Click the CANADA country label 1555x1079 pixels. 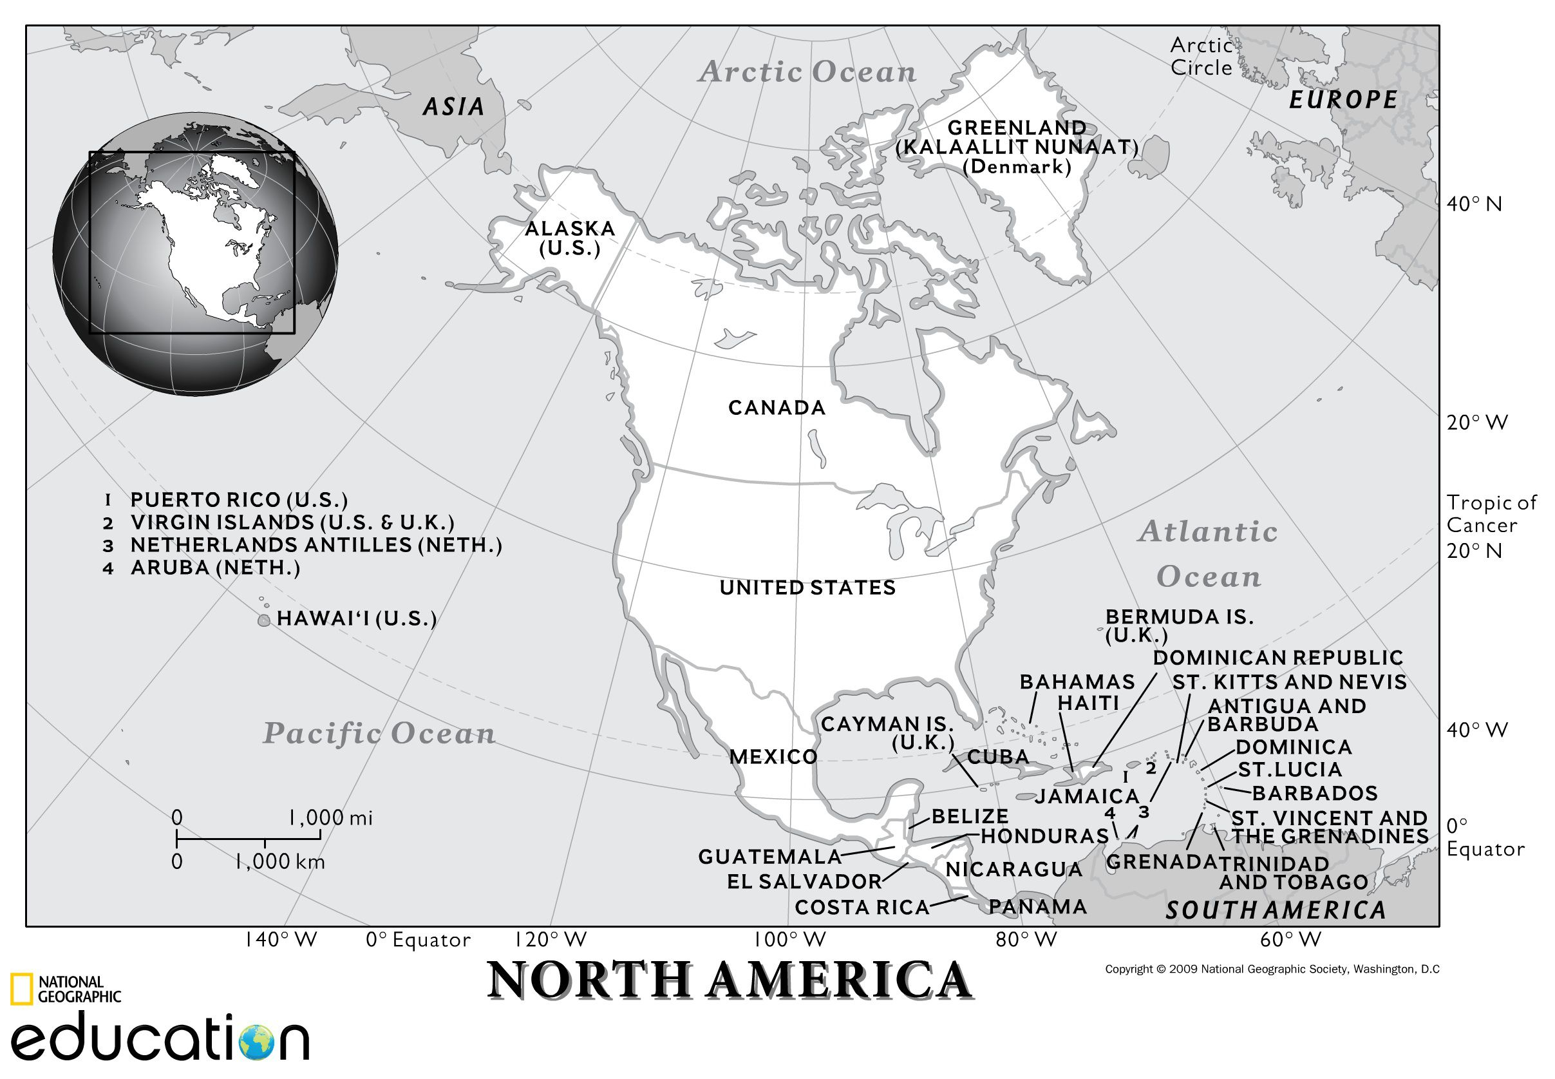pos(777,408)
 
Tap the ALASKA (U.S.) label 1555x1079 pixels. pos(570,238)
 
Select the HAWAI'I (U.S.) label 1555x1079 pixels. pos(356,618)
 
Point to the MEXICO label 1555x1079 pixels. pos(773,756)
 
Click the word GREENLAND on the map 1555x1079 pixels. pos(1017,127)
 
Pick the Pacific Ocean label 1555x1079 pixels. pos(379,734)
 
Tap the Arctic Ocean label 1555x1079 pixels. pos(807,72)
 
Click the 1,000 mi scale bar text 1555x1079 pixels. pos(330,818)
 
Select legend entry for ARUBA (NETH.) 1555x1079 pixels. pos(214,568)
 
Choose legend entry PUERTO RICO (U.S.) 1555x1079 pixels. pos(238,500)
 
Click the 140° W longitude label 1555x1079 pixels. pos(281,940)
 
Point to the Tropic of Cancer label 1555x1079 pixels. pos(1491,514)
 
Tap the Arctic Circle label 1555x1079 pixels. pos(1201,56)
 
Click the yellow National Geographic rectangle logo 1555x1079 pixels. pos(21,989)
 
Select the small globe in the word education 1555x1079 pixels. pos(256,1042)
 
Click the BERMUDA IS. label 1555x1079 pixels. pos(1178,616)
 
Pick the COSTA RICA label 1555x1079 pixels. pos(862,907)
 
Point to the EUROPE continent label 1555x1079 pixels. pos(1343,100)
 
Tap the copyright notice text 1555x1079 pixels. pos(1272,969)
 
